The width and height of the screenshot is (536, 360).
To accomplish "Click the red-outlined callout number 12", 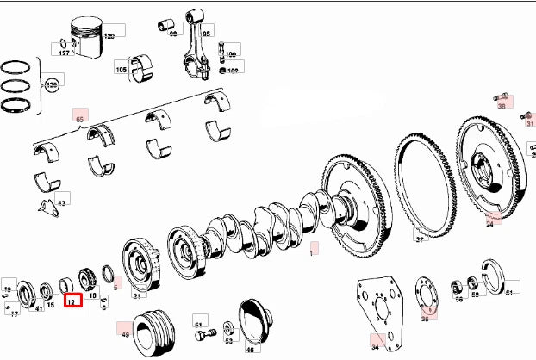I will click(x=72, y=301).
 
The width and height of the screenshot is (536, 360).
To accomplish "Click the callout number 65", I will click(x=80, y=118).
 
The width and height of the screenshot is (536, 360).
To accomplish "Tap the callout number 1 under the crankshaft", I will click(x=314, y=251).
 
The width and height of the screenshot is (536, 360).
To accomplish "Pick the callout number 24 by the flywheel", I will click(x=489, y=222).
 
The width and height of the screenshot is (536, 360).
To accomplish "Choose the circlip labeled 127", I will click(x=65, y=46).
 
